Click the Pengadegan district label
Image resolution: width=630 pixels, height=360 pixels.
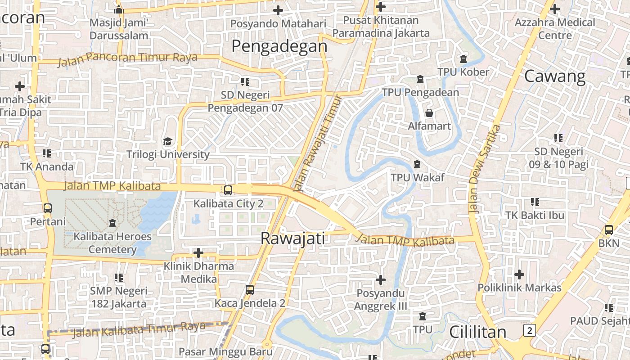(x=279, y=46)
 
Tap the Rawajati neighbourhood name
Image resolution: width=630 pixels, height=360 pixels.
(x=292, y=238)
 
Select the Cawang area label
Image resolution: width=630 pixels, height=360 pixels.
(x=555, y=76)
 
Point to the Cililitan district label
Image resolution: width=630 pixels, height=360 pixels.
(x=478, y=332)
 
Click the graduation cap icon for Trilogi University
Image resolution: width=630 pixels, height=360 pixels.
(x=168, y=142)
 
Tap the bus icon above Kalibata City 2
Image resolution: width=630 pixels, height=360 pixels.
(x=228, y=190)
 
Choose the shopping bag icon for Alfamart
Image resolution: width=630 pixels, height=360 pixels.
(x=429, y=112)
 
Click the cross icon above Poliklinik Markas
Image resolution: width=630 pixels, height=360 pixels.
(x=519, y=274)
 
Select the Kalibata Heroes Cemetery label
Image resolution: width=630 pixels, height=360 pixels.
(x=112, y=243)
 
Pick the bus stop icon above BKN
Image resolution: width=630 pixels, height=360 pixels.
(x=609, y=229)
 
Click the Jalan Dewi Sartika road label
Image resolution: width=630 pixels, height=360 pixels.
(x=484, y=169)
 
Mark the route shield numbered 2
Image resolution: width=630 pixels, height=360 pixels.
(x=530, y=331)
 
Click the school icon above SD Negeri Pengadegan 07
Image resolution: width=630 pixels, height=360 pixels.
(x=245, y=82)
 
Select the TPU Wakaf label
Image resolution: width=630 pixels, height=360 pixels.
(x=417, y=177)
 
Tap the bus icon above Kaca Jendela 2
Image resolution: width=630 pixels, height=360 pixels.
(x=250, y=290)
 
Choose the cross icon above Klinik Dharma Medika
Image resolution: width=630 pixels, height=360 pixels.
(x=198, y=253)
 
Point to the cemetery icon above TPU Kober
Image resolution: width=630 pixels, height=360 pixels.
(x=463, y=59)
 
